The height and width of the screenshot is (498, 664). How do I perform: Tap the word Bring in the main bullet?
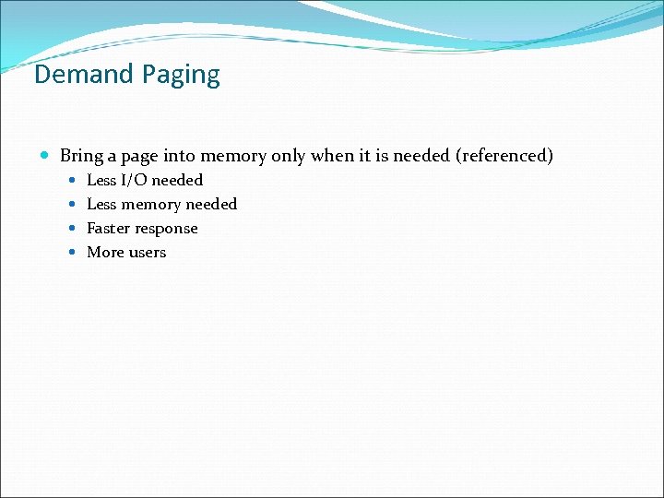tap(81, 156)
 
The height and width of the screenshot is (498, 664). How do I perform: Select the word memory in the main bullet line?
tap(231, 157)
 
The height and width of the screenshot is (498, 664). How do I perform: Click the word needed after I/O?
tap(177, 180)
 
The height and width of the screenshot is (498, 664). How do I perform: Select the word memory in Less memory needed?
tap(151, 205)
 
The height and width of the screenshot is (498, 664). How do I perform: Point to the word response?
tap(169, 229)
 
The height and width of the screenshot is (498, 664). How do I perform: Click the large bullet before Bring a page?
tap(46, 156)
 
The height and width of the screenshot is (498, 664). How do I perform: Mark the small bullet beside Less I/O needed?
tap(73, 181)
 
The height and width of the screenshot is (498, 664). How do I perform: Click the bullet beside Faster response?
tap(73, 229)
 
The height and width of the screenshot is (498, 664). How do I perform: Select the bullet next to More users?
tap(73, 253)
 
